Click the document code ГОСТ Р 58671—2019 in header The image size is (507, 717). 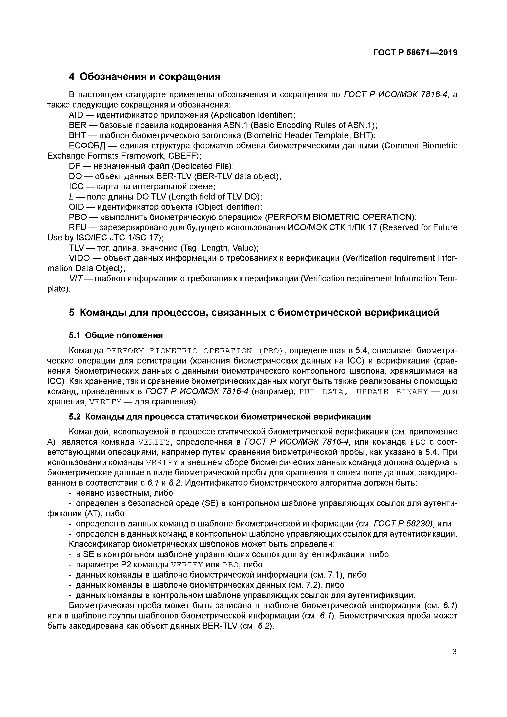415,53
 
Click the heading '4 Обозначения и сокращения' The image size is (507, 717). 144,76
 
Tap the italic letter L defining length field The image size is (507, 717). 71,197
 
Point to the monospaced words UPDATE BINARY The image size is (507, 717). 392,392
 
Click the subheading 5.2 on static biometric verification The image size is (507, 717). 220,417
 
